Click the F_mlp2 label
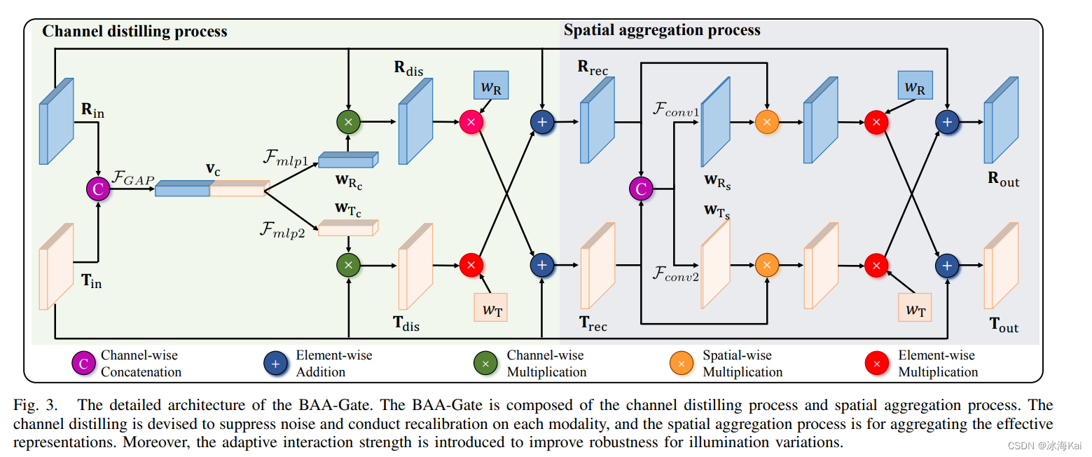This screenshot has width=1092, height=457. (x=283, y=232)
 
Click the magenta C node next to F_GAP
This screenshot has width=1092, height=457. (x=98, y=189)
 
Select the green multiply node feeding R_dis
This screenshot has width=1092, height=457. (x=348, y=122)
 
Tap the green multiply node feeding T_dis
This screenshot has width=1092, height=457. (x=348, y=264)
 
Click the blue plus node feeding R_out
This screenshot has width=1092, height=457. (x=947, y=122)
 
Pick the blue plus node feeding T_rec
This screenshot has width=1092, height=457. (x=541, y=264)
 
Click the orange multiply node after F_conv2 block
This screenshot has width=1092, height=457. (x=767, y=264)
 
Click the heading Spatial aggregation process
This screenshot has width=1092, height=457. (x=661, y=30)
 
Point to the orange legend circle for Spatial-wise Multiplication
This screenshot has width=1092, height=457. (x=682, y=364)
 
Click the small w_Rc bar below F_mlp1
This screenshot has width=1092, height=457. (x=347, y=161)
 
